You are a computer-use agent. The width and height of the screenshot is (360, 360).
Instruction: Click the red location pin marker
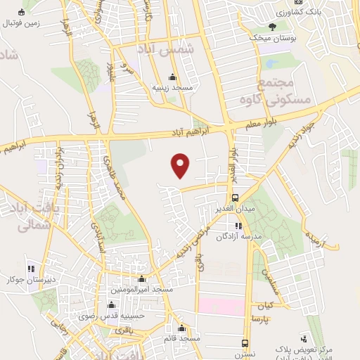pos(181,165)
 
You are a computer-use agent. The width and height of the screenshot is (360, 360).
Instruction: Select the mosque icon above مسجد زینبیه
pos(173,77)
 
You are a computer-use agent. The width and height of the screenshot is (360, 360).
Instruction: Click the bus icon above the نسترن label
pos(245,343)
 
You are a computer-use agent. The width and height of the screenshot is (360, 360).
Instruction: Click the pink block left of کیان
pos(222,306)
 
